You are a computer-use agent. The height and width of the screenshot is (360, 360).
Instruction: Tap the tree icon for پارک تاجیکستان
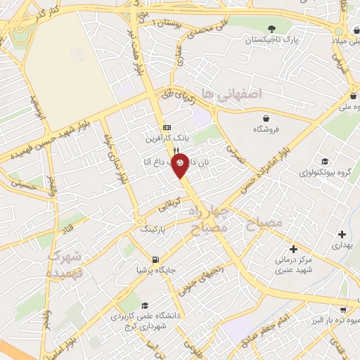[x=271, y=28]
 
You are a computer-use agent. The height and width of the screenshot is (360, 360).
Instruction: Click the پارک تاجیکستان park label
[x=273, y=41]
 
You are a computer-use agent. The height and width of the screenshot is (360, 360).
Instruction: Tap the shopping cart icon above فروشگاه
[x=265, y=117]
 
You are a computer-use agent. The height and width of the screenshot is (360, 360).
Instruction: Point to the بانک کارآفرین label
[x=167, y=139]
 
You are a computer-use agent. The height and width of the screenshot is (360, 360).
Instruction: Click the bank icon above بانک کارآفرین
[x=167, y=127]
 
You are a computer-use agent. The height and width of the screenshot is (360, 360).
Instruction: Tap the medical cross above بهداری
[x=342, y=234]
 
